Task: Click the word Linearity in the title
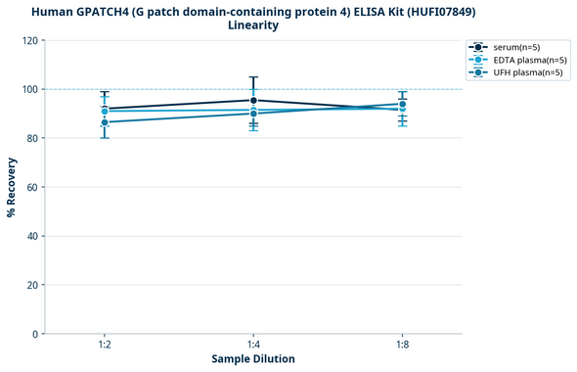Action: (253, 25)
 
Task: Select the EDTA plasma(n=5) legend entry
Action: (529, 60)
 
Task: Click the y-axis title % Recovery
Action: (12, 187)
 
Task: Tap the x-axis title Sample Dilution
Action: (253, 359)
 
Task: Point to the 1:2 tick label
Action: (105, 345)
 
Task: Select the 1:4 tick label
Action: (253, 345)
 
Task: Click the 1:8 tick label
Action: (402, 345)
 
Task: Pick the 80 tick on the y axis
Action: (32, 138)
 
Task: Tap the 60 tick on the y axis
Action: (32, 187)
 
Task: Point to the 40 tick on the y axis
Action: (32, 236)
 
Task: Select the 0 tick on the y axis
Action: (35, 334)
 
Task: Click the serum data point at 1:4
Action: (253, 100)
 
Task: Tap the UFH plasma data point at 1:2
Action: (105, 122)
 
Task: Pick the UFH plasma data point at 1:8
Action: (402, 104)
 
